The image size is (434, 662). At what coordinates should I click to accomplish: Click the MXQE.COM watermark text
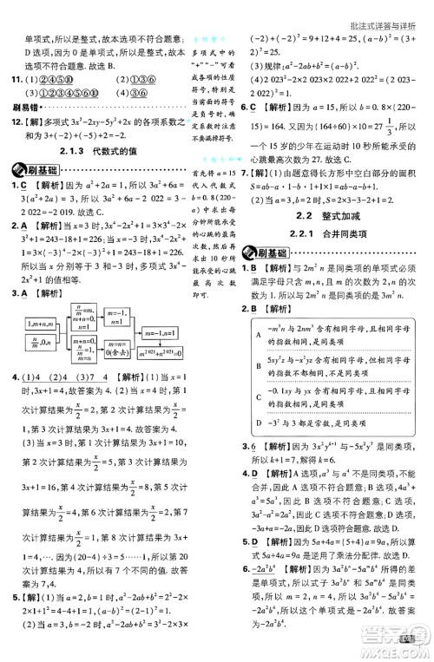tap(400, 646)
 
